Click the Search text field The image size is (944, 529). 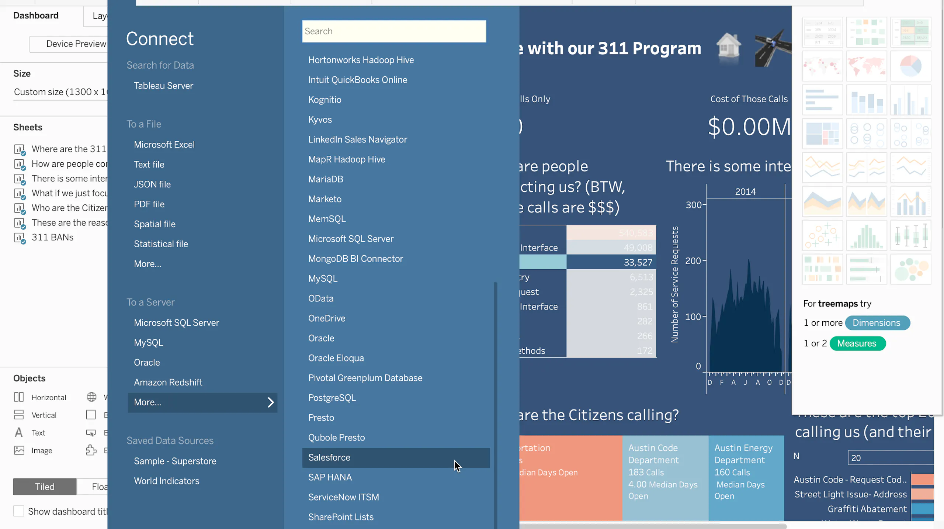394,31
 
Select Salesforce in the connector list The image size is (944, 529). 329,457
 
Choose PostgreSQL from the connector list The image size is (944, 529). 332,398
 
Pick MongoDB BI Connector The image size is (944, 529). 355,259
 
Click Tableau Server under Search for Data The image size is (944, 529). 163,86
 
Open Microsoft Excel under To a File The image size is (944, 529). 164,145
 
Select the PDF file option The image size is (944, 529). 149,204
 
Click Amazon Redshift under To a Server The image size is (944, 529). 168,382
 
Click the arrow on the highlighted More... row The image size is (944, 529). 271,402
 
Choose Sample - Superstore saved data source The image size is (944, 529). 175,461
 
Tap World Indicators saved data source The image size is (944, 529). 166,481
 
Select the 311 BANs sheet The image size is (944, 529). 52,237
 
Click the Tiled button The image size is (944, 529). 45,487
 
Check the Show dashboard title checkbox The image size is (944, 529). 19,511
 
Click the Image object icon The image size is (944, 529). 19,450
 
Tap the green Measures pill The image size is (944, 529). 857,343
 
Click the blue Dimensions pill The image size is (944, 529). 876,323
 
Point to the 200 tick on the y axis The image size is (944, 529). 693,261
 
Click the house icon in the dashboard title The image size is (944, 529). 728,46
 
